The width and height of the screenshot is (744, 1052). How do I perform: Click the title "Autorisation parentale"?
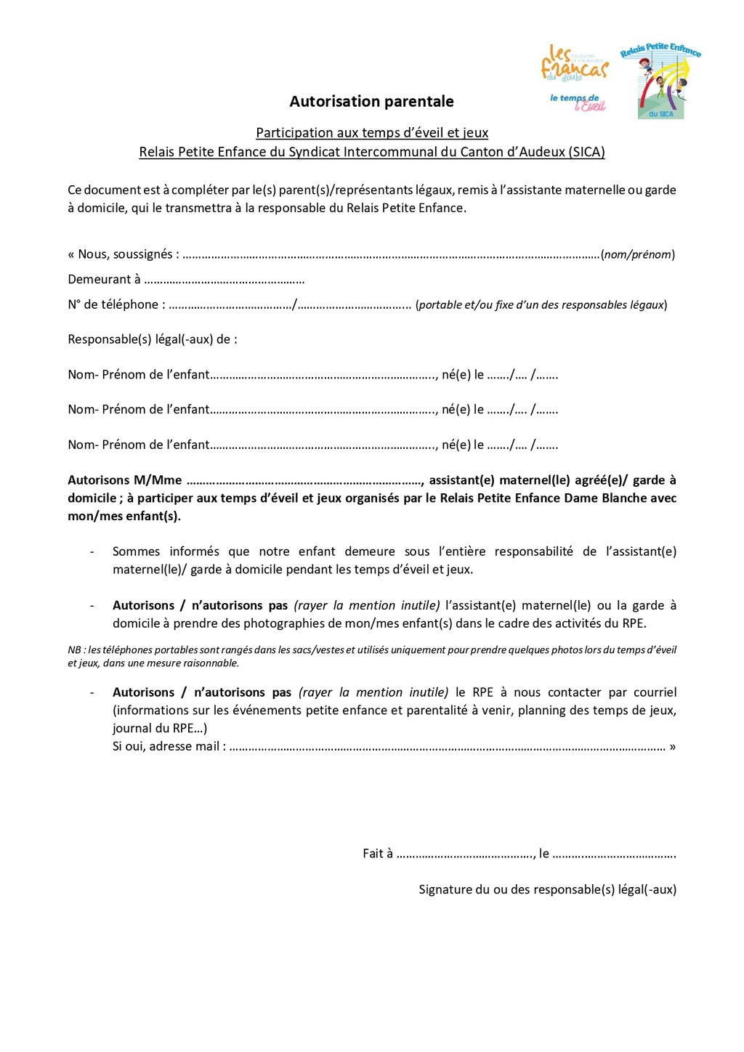pyautogui.click(x=371, y=102)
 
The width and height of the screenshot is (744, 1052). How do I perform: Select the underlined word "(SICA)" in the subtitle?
pyautogui.click(x=587, y=152)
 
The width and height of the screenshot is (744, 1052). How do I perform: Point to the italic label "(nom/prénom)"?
pyautogui.click(x=638, y=255)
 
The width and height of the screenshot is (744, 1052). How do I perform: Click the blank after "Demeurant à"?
pyautogui.click(x=225, y=280)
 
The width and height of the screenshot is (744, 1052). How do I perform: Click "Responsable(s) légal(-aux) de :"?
pyautogui.click(x=153, y=339)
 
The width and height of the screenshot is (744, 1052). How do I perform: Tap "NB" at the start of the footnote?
pyautogui.click(x=75, y=650)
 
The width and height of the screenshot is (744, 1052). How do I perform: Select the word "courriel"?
pyautogui.click(x=655, y=692)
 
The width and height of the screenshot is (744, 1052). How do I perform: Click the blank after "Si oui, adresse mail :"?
pyautogui.click(x=447, y=748)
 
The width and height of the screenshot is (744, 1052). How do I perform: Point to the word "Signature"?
pyautogui.click(x=444, y=890)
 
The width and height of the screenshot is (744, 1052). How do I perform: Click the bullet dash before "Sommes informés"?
pyautogui.click(x=92, y=552)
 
